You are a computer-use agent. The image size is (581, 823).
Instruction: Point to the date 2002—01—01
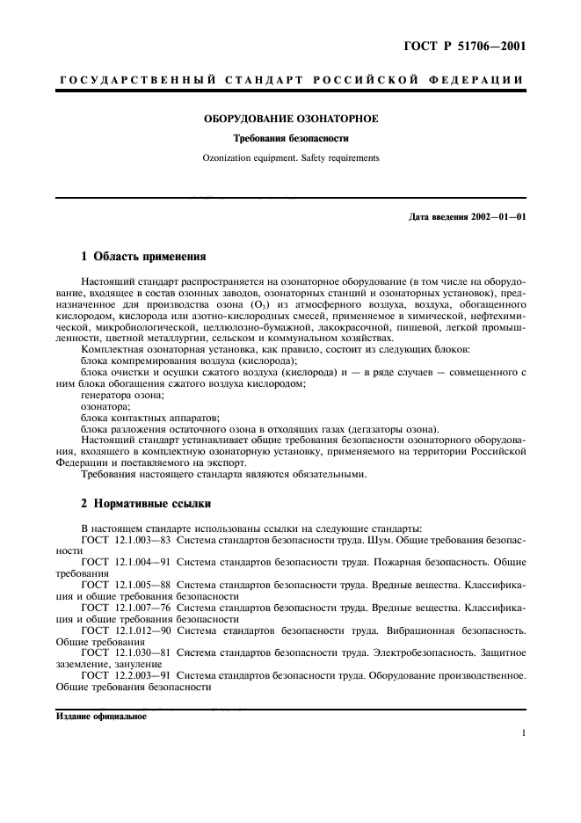496,216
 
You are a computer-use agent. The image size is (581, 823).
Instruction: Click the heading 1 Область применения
143,258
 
